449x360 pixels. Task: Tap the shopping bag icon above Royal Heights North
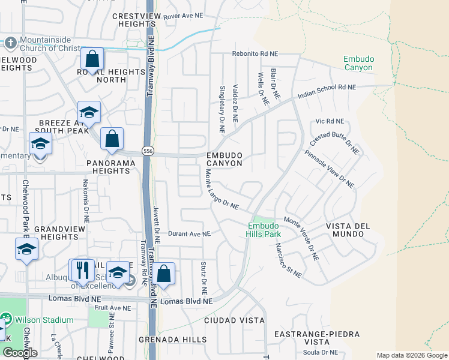point(92,59)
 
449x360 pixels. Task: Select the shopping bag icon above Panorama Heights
point(112,139)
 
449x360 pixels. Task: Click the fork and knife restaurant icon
point(82,270)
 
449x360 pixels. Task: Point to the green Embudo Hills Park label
point(264,229)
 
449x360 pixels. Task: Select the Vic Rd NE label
point(330,121)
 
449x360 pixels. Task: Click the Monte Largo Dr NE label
point(221,189)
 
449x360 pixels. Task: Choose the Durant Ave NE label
point(189,234)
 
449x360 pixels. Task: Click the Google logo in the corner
point(20,353)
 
